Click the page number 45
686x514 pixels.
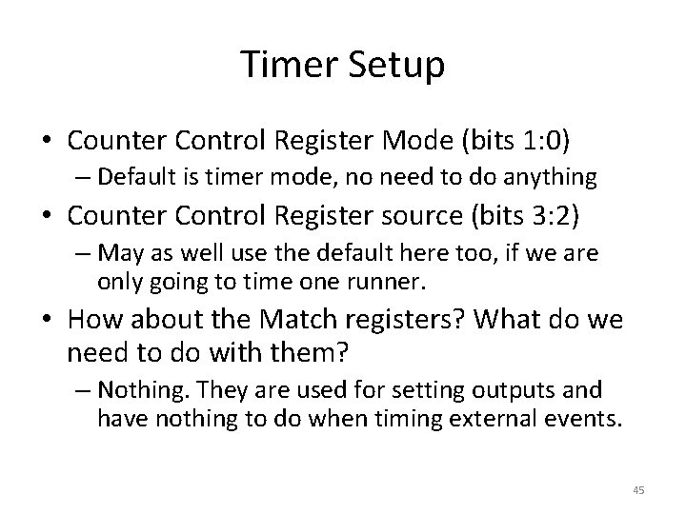coord(638,489)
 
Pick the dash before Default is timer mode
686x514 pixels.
coord(84,178)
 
